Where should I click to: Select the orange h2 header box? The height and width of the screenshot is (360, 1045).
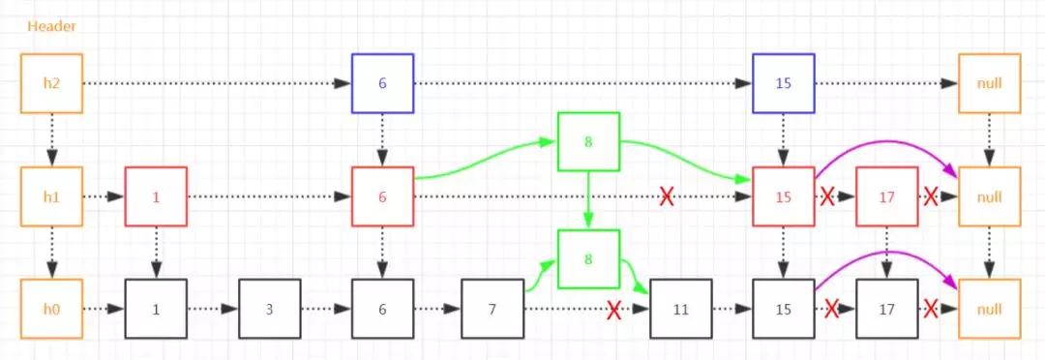(x=51, y=84)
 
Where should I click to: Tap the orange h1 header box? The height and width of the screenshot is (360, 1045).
(x=51, y=197)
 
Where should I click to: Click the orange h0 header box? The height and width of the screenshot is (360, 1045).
(x=51, y=310)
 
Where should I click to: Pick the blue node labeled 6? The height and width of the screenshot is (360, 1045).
(x=382, y=84)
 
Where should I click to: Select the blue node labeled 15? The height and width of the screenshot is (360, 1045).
(x=784, y=84)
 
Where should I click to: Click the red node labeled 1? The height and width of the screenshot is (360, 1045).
(x=156, y=197)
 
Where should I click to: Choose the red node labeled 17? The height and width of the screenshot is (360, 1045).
(x=887, y=197)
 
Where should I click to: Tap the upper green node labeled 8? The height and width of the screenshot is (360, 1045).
(x=588, y=142)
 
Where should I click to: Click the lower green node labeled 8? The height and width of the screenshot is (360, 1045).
(x=588, y=259)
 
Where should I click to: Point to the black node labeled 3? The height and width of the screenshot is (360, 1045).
(x=270, y=310)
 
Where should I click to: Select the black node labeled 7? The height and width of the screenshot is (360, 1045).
(x=493, y=310)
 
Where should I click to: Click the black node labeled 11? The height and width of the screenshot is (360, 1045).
(x=680, y=310)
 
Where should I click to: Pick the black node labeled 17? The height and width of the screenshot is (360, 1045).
(x=887, y=310)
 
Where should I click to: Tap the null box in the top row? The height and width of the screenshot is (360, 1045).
(x=989, y=84)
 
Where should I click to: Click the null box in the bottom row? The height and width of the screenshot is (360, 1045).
(x=989, y=310)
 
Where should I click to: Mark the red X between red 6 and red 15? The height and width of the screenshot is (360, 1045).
(x=667, y=197)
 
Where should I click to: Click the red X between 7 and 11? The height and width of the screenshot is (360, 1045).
(x=613, y=310)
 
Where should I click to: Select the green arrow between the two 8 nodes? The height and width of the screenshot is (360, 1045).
(x=588, y=201)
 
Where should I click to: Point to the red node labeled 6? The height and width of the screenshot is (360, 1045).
(x=382, y=197)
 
